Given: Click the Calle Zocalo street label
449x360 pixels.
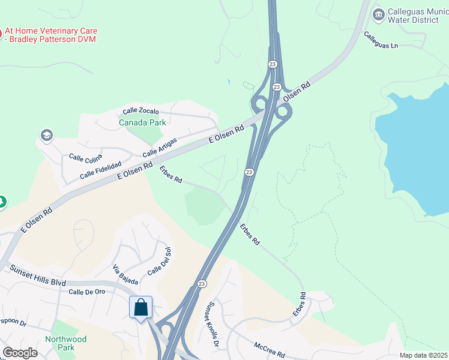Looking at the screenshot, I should [x=141, y=111].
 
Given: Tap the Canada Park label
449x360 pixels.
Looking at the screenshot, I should [x=142, y=123].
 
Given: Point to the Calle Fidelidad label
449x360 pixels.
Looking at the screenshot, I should [x=101, y=171].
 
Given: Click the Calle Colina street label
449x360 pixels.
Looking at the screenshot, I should [x=86, y=158].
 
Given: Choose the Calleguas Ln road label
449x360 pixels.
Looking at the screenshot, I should [x=381, y=40].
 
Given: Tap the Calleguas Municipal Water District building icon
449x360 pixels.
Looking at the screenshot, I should [x=378, y=14].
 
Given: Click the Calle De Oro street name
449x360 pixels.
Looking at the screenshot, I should [x=87, y=292].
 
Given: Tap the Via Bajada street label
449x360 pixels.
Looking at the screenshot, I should [x=125, y=274].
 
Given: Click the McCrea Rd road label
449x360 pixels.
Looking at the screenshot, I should [x=268, y=347].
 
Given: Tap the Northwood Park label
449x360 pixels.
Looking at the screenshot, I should [x=66, y=343].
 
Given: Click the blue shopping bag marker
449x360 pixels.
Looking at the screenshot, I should [x=140, y=308].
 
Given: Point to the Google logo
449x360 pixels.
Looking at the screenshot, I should [x=19, y=353].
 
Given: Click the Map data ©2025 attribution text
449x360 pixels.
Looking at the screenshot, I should [x=423, y=355].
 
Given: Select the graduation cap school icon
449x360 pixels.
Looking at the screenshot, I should [x=46, y=136].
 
